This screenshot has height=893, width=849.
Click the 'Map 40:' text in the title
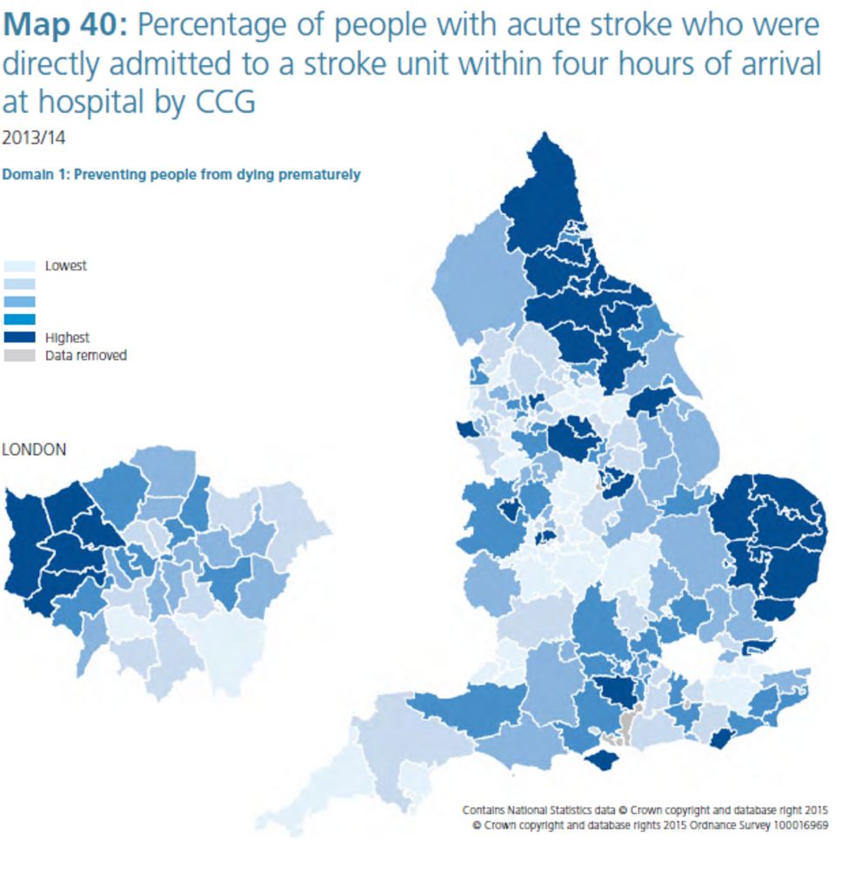pos(64,25)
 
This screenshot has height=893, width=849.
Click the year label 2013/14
pos(34,137)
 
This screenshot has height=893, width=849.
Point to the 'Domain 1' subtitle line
pos(181,174)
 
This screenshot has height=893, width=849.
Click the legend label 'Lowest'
pos(66,266)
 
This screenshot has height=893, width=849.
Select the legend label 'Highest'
pos(67,337)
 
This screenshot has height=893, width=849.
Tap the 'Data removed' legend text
pos(85,355)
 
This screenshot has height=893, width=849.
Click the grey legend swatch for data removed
pos(19,355)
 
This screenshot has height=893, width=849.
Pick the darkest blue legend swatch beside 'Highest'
pos(19,337)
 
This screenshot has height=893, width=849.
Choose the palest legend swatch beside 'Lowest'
pos(19,266)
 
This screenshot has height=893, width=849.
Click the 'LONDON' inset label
pos(34,450)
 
